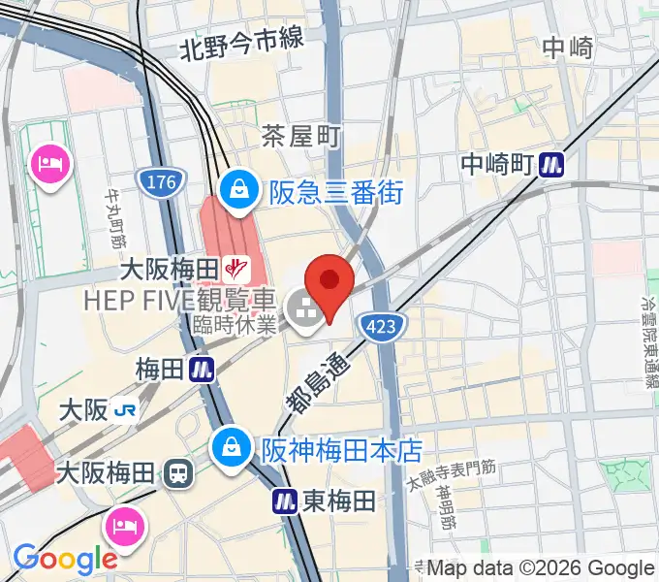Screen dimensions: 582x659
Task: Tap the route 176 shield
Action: click(157, 180)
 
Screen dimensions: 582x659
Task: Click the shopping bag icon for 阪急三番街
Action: click(237, 192)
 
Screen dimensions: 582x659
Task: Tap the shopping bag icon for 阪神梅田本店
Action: click(233, 449)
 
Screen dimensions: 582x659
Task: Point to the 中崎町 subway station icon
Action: click(553, 164)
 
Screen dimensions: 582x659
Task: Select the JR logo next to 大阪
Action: click(125, 410)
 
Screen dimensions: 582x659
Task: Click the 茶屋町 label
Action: click(301, 138)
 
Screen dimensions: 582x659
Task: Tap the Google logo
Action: click(64, 559)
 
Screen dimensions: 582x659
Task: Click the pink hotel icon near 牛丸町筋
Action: click(47, 161)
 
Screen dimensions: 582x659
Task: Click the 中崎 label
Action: click(567, 48)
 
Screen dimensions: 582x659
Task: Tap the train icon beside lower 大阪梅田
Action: click(177, 474)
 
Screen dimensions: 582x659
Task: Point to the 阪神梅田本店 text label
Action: click(342, 450)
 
